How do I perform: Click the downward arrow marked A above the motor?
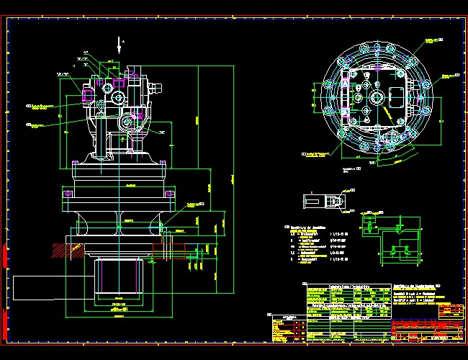coord(119,45)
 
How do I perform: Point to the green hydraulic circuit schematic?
coord(391,237)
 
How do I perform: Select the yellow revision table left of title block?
coord(287,328)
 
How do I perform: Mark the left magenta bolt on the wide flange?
coord(68,193)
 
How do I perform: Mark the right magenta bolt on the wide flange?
coord(171,193)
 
